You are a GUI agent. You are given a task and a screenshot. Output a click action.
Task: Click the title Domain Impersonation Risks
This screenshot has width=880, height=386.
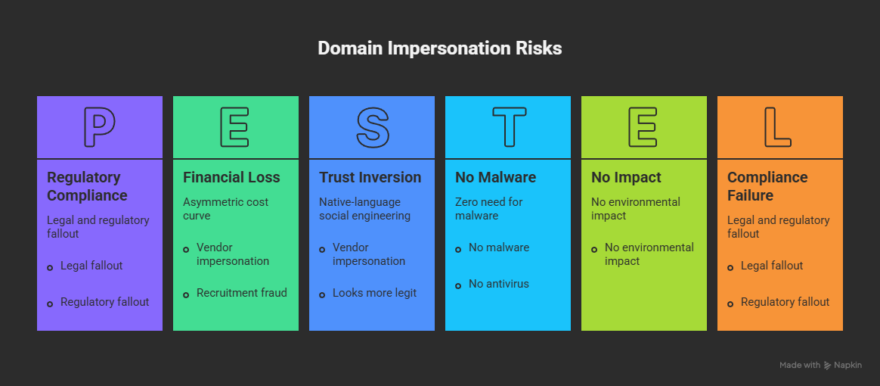click(x=439, y=48)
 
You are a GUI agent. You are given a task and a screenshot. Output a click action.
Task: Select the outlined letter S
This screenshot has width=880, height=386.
click(x=373, y=127)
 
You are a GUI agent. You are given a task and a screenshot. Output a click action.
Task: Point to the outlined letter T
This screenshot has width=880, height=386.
click(x=509, y=127)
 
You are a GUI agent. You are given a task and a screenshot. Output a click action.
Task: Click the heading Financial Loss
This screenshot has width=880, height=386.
click(x=231, y=178)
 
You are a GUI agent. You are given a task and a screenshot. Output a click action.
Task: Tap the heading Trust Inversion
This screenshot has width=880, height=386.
click(x=370, y=178)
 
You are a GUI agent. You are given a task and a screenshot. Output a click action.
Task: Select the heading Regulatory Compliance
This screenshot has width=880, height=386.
click(x=87, y=186)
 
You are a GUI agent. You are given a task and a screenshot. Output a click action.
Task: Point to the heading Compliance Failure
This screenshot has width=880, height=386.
click(x=768, y=186)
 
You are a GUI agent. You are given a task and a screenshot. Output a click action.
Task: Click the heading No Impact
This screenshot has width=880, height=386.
click(x=626, y=178)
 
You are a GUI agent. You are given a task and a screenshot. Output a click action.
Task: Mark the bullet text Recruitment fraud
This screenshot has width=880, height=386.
click(x=241, y=293)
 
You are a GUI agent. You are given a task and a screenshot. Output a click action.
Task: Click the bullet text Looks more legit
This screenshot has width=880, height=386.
click(x=374, y=293)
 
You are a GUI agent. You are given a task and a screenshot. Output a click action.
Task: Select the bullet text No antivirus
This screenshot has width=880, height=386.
click(x=498, y=284)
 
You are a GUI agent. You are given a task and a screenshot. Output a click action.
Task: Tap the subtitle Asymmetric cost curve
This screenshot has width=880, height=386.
click(x=225, y=208)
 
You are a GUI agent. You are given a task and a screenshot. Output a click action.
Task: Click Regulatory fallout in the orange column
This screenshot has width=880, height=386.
click(x=785, y=302)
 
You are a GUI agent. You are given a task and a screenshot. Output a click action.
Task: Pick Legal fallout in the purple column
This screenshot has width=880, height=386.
click(x=91, y=265)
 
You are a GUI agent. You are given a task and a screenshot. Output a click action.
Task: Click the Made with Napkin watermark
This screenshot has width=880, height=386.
click(x=820, y=366)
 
